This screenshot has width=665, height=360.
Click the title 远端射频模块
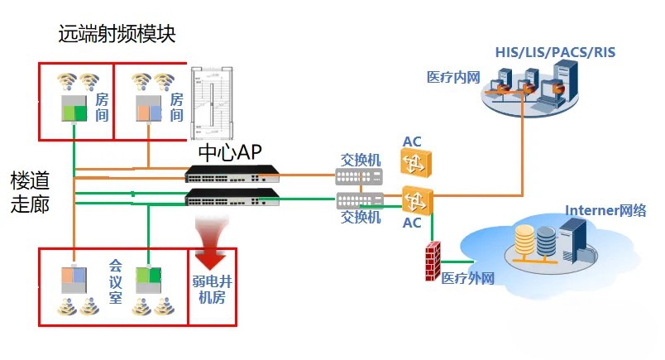pos(117,34)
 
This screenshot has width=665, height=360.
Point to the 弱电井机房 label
pos(213,291)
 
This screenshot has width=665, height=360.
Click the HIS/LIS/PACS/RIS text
pos(555,53)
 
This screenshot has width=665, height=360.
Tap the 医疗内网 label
pos(453,77)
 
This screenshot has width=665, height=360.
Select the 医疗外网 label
pos(467,278)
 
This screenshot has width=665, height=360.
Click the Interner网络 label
pos(605,210)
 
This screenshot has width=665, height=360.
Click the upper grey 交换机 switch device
pos(360,176)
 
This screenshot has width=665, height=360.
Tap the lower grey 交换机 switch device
pos(360,199)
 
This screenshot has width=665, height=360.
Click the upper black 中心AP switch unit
pos(232,174)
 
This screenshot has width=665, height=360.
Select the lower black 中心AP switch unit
pos(232,196)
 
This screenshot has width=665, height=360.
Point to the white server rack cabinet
pos(208,104)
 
